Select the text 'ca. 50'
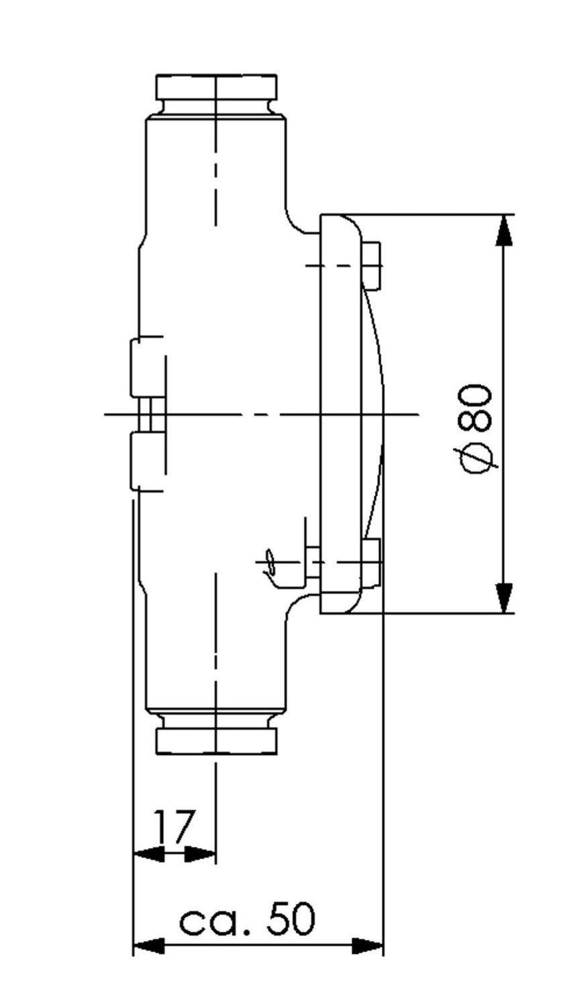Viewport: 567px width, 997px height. coord(247,919)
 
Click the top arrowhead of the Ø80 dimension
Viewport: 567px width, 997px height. coord(503,230)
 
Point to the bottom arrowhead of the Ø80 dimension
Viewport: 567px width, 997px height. coord(503,598)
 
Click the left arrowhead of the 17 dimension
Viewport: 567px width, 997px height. coord(149,854)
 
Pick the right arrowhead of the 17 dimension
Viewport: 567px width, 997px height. coord(200,854)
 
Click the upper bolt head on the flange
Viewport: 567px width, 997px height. coord(372,266)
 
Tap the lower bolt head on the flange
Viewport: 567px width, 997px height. coord(372,563)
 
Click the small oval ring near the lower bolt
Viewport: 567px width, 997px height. coord(270,561)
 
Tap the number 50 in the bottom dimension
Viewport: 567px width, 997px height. coord(291,919)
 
